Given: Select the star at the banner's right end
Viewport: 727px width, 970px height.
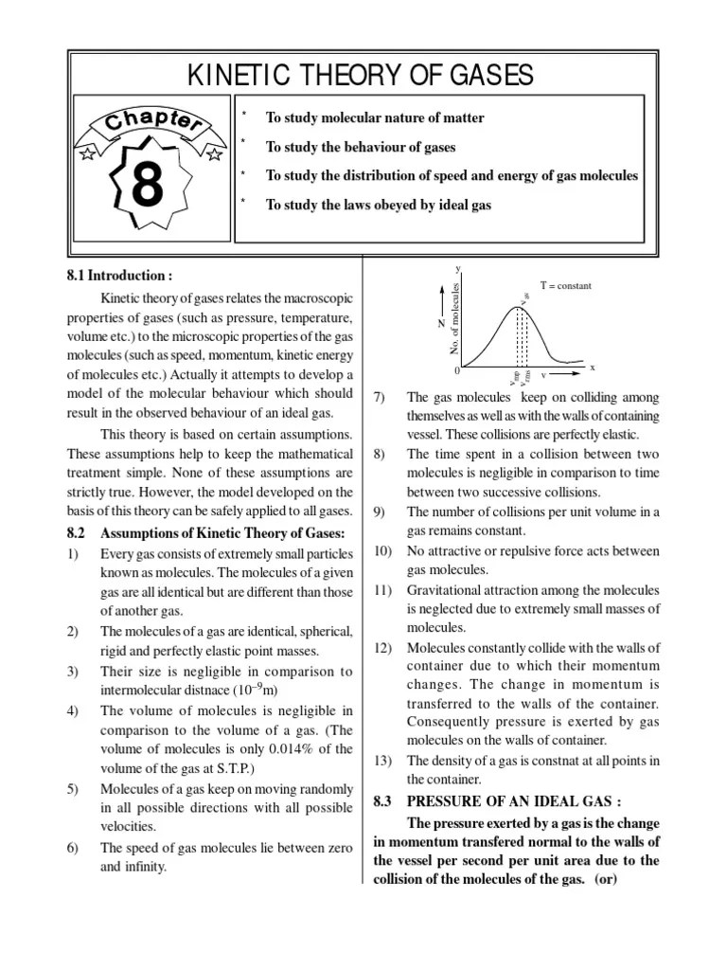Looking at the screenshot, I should [x=215, y=153].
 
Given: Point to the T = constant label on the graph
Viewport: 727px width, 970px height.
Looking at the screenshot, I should [x=565, y=285].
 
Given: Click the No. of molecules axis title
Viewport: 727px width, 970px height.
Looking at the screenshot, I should [x=455, y=320].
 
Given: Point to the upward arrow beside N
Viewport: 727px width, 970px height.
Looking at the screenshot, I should [x=441, y=301].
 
